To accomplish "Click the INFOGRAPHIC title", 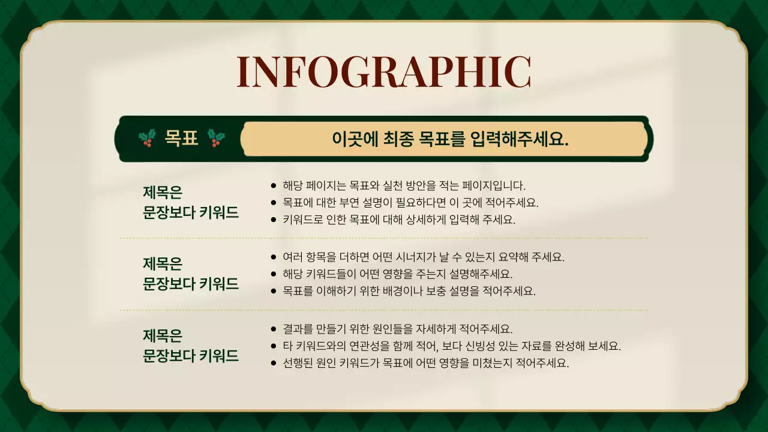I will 384,73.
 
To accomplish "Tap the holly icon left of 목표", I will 147,138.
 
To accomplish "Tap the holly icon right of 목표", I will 216,138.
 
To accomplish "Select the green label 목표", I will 181,139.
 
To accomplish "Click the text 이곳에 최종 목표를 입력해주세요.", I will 450,139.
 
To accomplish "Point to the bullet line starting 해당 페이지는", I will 404,185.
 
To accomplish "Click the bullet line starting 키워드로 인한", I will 399,219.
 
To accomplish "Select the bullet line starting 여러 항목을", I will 424,257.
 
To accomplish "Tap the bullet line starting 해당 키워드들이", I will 398,274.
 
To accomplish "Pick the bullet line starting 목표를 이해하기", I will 409,291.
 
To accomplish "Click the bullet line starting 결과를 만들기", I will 398,329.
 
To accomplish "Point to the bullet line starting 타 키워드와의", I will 452,346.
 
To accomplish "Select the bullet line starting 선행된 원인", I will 425,363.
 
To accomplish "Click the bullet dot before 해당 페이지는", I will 274,186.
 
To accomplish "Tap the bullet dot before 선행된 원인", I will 274,364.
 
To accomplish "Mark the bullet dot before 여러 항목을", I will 274,258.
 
